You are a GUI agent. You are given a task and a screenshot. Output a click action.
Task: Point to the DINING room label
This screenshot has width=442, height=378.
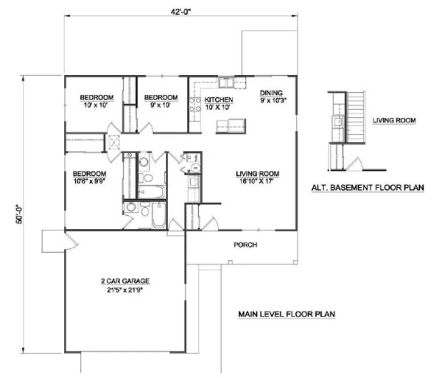(272, 93)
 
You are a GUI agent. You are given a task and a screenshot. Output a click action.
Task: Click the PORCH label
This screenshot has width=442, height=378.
(245, 245)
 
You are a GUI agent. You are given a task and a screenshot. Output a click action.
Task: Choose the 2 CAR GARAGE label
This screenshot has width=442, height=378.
(125, 281)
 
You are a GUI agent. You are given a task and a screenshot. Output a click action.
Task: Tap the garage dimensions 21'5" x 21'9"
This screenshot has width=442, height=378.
(125, 289)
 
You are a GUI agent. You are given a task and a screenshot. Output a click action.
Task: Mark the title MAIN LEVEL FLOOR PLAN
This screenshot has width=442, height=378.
(287, 314)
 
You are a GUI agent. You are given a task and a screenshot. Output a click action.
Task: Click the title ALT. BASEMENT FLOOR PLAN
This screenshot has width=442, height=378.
(367, 187)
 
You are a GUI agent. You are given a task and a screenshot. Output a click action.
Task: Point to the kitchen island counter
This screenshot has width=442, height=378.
(230, 125)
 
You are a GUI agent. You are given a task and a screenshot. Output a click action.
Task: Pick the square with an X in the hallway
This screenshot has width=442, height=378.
(114, 142)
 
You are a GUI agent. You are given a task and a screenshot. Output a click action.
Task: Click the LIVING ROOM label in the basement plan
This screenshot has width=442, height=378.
(394, 121)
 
